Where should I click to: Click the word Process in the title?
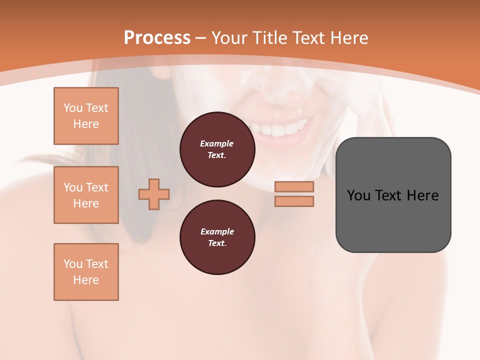[x=157, y=38]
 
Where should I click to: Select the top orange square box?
[x=86, y=116]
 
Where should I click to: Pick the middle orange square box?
[x=86, y=195]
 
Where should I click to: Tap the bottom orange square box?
[x=86, y=272]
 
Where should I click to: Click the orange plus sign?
[x=154, y=194]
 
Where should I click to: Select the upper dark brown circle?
[x=217, y=149]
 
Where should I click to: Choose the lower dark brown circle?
[x=217, y=237]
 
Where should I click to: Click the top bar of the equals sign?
[x=294, y=187]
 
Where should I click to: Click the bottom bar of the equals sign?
[x=294, y=201]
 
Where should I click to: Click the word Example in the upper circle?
[x=217, y=143]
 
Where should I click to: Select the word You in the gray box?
[x=358, y=195]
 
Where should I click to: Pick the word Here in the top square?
[x=86, y=124]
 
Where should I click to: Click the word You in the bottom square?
[x=73, y=264]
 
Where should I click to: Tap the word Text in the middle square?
[x=97, y=187]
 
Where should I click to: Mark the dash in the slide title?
[x=201, y=38]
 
